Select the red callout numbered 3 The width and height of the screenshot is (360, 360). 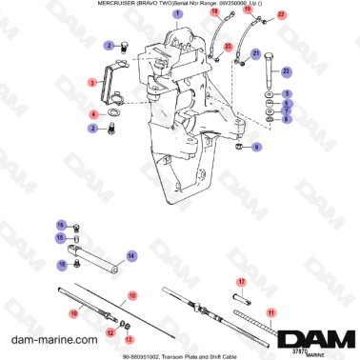[91, 83]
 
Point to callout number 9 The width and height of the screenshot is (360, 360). [256, 149]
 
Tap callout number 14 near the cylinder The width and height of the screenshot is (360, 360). [131, 254]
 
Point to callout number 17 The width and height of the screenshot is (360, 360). [242, 282]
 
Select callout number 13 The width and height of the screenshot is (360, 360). [130, 337]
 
